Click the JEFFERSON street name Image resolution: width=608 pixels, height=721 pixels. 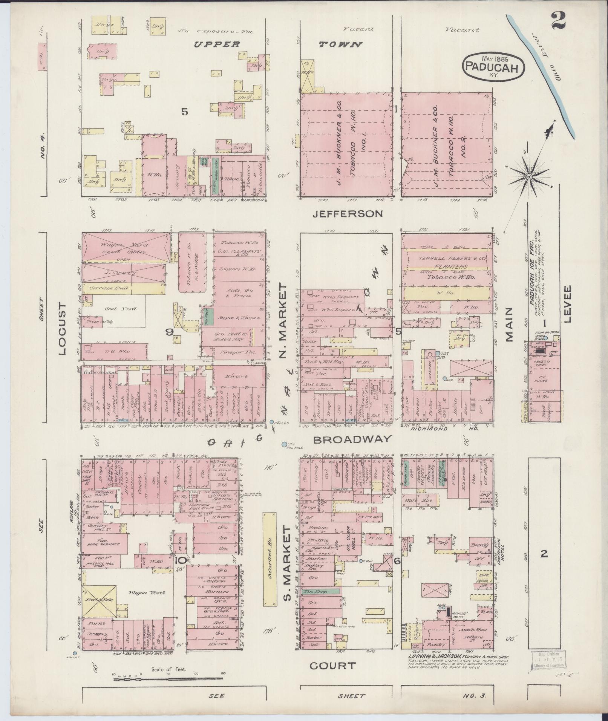tap(348, 214)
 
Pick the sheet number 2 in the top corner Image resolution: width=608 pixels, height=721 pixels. tap(558, 20)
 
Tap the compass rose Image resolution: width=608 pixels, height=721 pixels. tap(529, 176)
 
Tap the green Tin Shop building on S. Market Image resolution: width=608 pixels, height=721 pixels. tap(320, 592)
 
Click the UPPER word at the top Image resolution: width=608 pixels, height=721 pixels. tap(217, 44)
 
